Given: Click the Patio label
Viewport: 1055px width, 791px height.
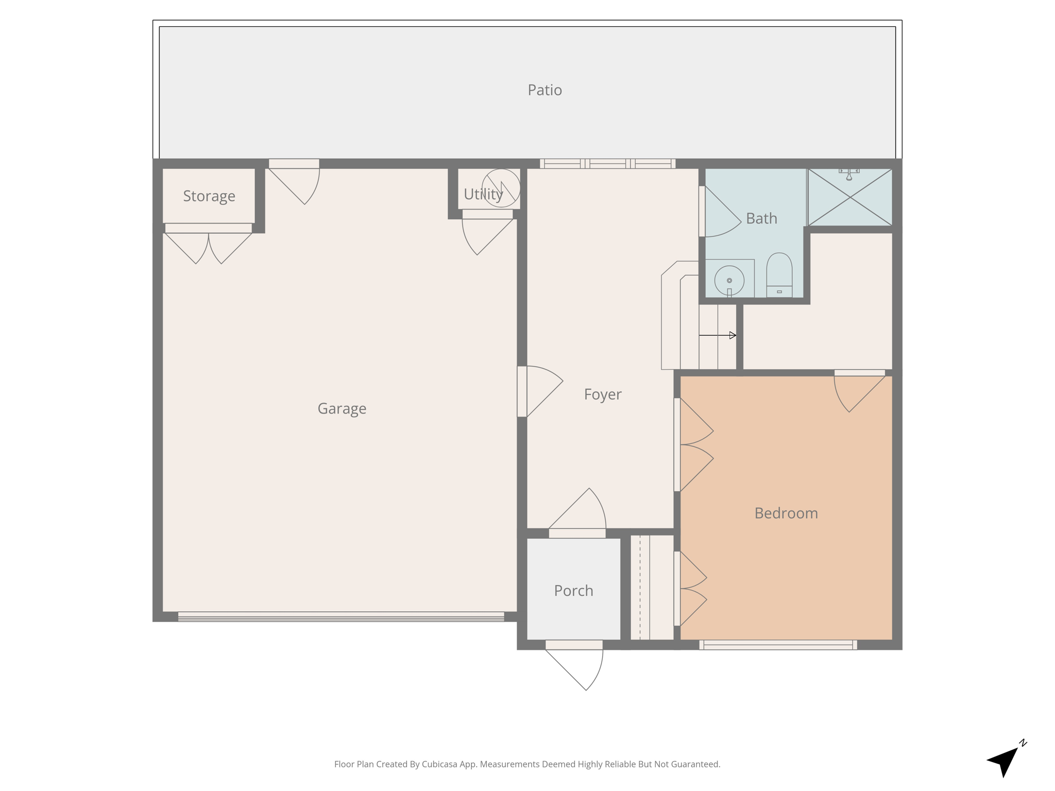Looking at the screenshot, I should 544,90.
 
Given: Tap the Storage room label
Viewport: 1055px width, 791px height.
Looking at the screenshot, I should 209,196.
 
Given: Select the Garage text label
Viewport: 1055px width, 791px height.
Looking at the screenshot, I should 342,409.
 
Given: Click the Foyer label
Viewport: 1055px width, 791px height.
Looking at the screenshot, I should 602,394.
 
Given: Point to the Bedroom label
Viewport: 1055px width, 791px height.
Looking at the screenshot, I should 786,513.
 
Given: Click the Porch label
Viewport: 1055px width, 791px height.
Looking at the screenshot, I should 573,591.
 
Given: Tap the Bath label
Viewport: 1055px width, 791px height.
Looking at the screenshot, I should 761,219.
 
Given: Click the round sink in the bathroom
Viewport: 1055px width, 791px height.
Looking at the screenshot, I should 729,281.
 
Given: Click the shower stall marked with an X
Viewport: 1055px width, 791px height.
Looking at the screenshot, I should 849,197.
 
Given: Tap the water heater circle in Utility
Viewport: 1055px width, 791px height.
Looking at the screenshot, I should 501,188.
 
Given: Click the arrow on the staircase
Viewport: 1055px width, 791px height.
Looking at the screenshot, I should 718,335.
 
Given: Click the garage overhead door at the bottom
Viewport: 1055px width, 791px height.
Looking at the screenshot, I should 341,616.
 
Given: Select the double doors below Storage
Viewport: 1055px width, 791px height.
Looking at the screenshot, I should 208,245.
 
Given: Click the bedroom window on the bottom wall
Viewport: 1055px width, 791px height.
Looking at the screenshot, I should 778,645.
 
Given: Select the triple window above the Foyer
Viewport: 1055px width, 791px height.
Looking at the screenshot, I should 607,164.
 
